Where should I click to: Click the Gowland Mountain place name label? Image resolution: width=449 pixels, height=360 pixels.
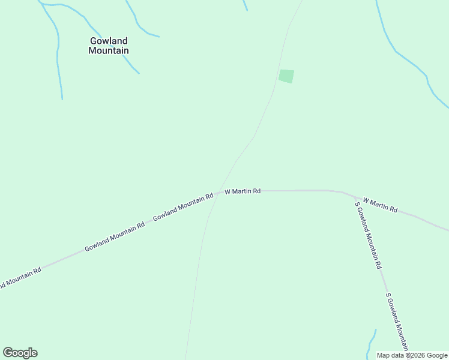[x=109, y=46]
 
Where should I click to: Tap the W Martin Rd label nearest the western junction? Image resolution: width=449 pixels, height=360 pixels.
[x=243, y=191]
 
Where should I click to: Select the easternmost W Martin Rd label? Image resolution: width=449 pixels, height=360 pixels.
[x=380, y=205]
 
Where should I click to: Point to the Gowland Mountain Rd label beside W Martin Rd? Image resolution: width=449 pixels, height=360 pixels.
[x=183, y=208]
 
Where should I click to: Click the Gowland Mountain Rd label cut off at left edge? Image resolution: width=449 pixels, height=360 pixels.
[x=19, y=278]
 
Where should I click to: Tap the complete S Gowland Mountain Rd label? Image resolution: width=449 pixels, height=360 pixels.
[x=368, y=235]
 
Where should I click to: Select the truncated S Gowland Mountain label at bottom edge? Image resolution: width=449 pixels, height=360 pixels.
[x=397, y=322]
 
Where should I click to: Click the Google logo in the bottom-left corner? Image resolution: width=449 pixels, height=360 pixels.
[x=20, y=353]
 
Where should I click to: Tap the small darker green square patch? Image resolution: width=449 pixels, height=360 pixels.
[x=286, y=76]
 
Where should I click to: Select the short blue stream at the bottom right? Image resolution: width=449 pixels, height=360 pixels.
[x=371, y=343]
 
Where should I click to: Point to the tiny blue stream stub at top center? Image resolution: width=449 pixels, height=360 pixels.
[x=245, y=5]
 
